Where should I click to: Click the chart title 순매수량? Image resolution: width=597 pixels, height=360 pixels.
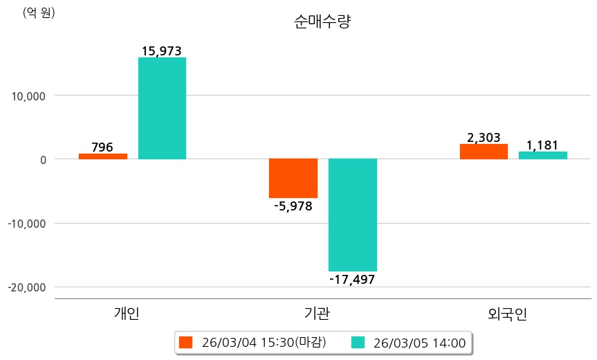coord(322,22)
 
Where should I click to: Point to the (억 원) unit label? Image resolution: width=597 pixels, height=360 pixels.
coord(39,12)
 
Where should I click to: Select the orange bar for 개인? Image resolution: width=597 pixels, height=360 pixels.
coord(103,156)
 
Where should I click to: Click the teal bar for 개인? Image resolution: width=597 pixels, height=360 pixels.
coord(162,108)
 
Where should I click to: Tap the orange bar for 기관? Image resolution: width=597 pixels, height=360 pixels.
coord(293,178)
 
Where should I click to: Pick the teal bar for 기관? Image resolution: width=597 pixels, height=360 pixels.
coord(353,215)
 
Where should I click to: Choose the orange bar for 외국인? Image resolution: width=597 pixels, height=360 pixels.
coord(484,152)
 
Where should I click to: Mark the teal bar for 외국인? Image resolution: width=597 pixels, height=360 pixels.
coord(543,155)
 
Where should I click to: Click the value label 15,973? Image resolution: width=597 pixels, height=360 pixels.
coord(162,51)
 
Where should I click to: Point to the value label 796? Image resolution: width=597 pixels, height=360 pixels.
coord(102,147)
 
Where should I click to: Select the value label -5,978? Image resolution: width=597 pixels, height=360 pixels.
coord(293,206)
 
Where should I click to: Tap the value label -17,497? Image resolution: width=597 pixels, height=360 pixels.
coord(353,279)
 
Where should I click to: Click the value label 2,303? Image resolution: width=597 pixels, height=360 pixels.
coord(484,138)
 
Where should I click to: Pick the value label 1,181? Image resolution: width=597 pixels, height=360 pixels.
coord(542,145)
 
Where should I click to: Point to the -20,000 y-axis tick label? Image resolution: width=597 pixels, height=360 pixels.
coord(27,287)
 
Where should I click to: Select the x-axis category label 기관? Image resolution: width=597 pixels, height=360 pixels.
coord(317,314)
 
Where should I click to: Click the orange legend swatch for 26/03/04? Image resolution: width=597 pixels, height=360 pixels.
coord(185,342)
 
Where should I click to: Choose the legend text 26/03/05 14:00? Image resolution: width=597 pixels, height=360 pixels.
coord(419,342)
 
